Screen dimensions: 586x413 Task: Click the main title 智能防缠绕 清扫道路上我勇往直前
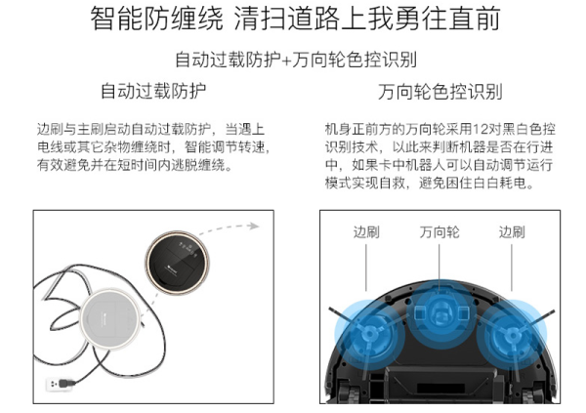(x=295, y=18)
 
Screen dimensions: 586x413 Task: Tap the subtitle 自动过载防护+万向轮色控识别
(x=296, y=60)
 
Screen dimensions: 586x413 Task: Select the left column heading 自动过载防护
(x=153, y=91)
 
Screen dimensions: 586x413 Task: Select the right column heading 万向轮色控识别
(x=439, y=92)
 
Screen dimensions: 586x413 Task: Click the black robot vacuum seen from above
(x=177, y=262)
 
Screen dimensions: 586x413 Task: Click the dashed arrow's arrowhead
(x=254, y=226)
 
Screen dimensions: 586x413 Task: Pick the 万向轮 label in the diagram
(x=439, y=232)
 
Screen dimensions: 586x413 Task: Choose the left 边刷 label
(x=366, y=232)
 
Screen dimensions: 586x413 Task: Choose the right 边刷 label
(x=512, y=232)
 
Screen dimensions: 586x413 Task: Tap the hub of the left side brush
(x=369, y=333)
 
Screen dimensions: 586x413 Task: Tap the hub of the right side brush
(x=511, y=333)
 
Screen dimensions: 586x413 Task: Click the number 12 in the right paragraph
(x=480, y=129)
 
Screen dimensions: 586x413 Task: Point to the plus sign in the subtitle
(x=286, y=61)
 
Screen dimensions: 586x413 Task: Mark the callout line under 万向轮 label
(x=439, y=267)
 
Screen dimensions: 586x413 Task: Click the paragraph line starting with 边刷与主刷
(x=151, y=129)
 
